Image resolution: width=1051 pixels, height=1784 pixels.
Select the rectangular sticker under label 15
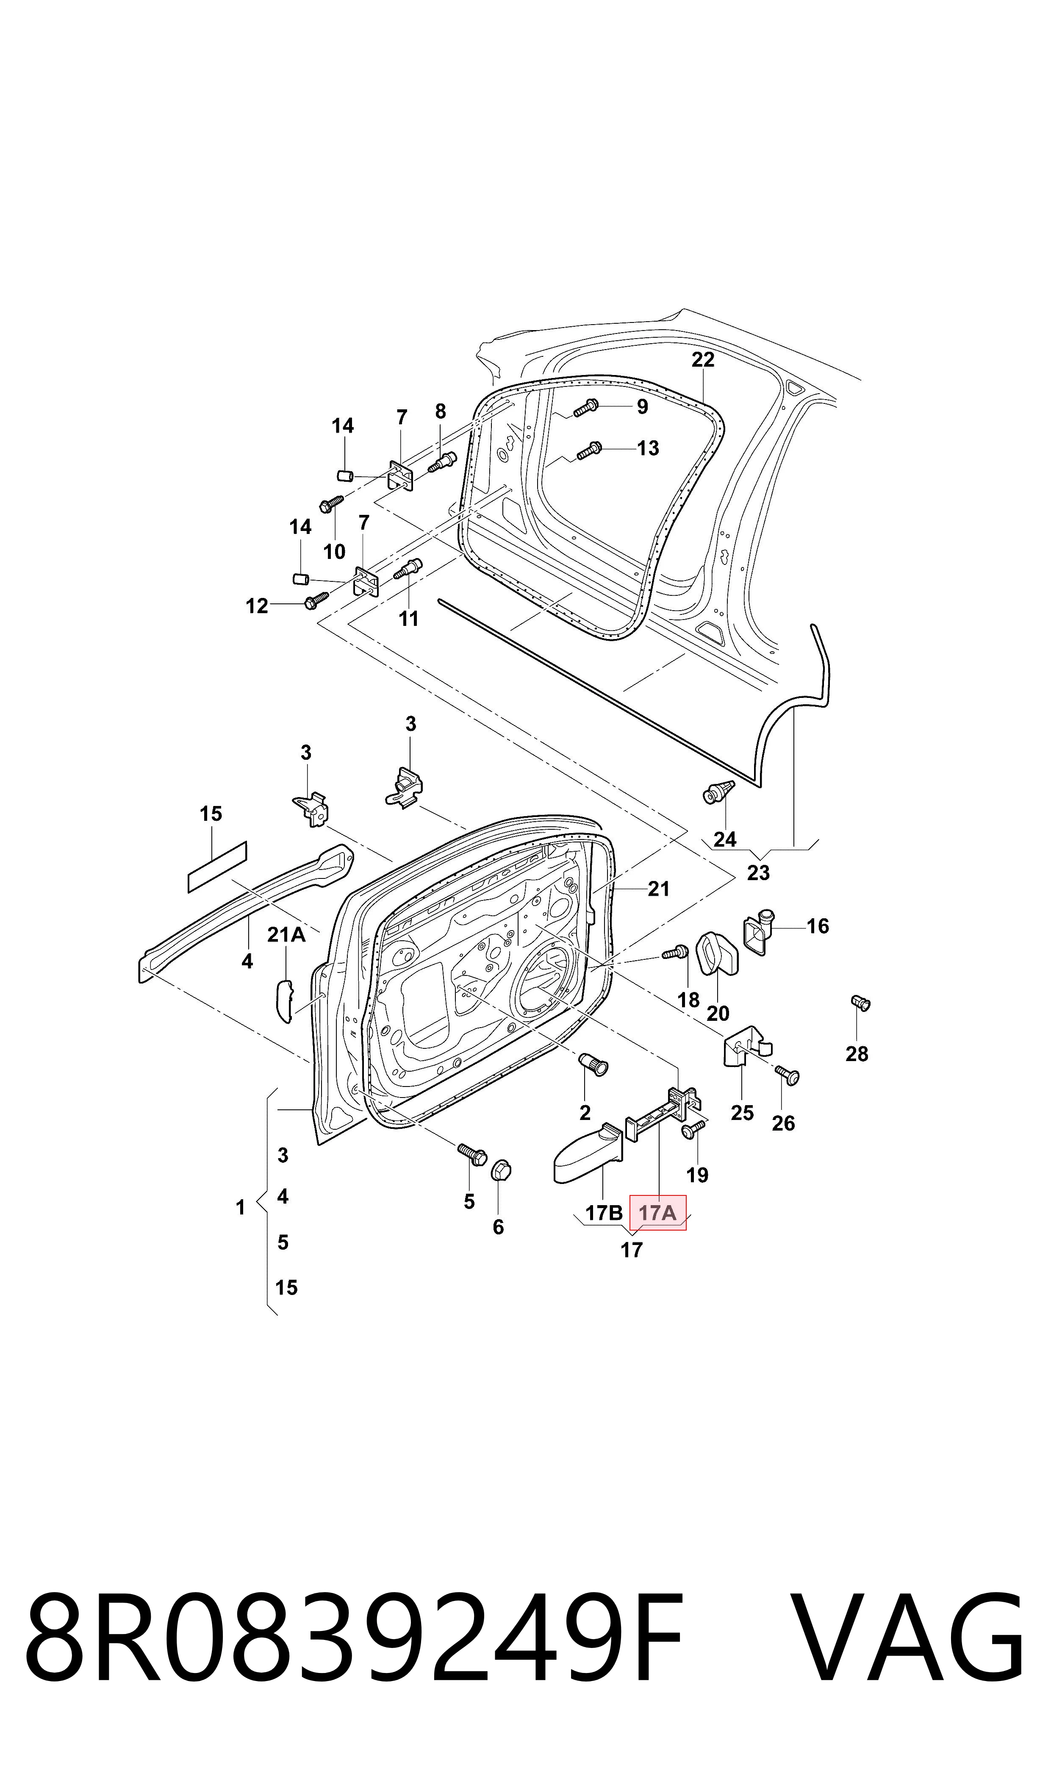217,867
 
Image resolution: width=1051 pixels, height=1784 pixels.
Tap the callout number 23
758,873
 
